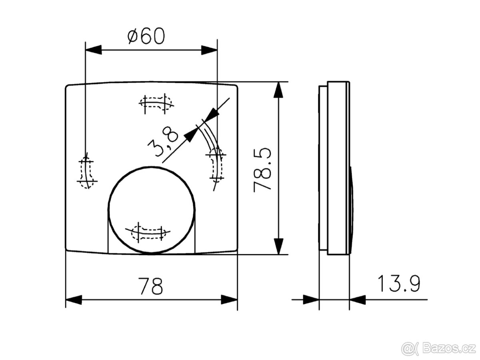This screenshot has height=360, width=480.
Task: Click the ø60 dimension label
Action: (146, 37)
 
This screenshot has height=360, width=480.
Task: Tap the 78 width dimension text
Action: (151, 286)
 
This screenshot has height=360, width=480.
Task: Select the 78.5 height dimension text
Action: (263, 170)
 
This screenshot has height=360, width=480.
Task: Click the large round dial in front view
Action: (152, 210)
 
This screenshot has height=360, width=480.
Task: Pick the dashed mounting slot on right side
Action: (216, 164)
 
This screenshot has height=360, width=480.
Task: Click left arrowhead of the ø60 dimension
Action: (93, 50)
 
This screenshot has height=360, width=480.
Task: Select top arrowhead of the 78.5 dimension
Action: (278, 90)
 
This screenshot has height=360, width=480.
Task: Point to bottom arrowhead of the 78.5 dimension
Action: (278, 246)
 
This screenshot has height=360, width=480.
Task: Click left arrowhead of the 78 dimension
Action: (74, 300)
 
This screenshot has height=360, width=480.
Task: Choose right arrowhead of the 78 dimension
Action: (229, 300)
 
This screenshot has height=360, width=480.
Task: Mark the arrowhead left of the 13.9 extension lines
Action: (311, 299)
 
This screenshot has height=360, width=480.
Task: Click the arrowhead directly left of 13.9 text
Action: (358, 299)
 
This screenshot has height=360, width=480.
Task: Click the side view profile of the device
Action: (336, 168)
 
